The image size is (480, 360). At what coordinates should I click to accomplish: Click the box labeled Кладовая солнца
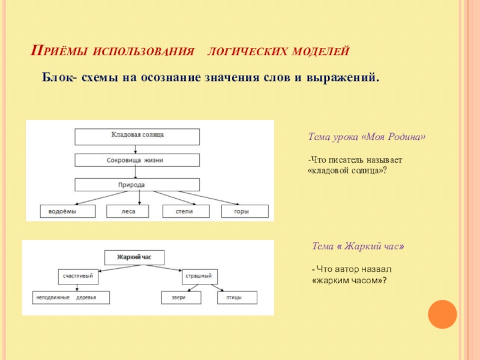pos(137,136)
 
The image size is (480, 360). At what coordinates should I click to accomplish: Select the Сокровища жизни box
pos(137,161)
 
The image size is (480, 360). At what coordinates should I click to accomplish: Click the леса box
pos(127,211)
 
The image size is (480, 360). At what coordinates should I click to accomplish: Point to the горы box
pos(244,211)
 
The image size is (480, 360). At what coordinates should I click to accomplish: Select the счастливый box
pos(78,276)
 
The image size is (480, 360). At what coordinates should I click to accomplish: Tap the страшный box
pos(200,276)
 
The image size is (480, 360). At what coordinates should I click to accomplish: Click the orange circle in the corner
pos(443,314)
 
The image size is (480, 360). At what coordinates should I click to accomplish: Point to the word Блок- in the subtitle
pos(57,78)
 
